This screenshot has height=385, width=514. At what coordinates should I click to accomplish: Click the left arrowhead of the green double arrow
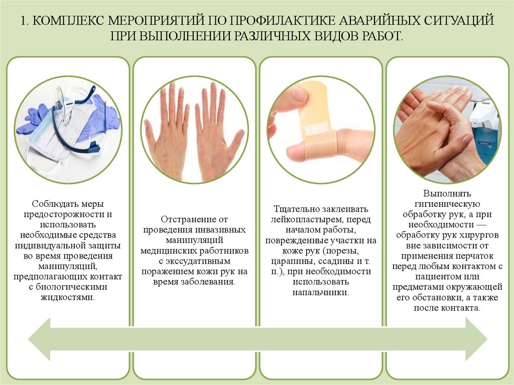click(40, 339)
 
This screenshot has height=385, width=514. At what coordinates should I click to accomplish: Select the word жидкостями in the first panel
click(68, 298)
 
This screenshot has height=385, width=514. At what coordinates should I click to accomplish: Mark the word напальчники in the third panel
click(321, 292)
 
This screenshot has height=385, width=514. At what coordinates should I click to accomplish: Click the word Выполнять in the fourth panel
click(447, 193)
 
